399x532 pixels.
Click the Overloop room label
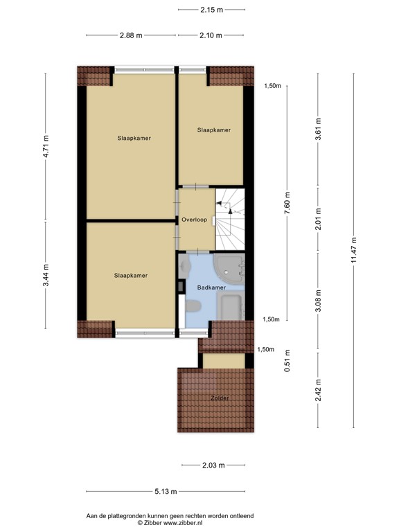[x=195, y=220]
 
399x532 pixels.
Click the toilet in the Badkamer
[x=193, y=305]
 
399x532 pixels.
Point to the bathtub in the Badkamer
[x=231, y=305]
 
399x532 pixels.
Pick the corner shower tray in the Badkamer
[x=228, y=265]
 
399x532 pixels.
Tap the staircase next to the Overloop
[x=231, y=218]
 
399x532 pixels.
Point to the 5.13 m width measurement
[x=166, y=491]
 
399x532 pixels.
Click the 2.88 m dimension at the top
[x=130, y=35]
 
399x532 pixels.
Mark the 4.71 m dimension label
[x=46, y=146]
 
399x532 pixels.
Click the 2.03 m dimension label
[x=213, y=465]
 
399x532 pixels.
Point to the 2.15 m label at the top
[x=211, y=10]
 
